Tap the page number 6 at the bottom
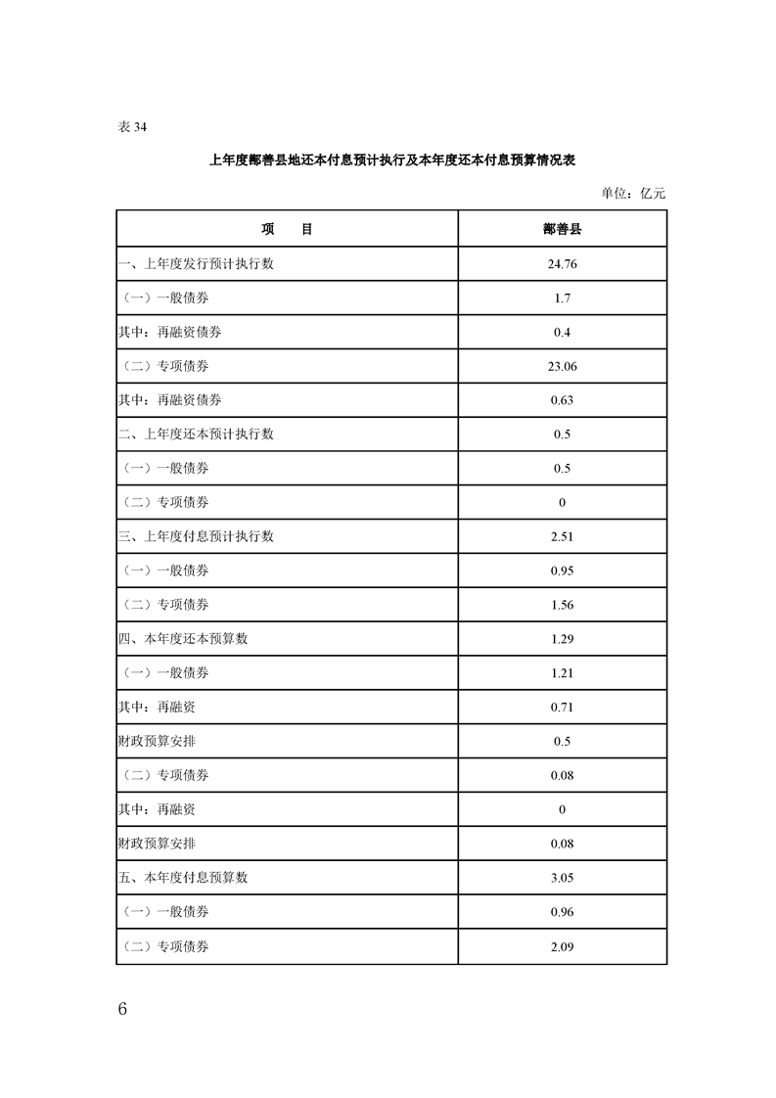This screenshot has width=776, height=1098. (122, 1009)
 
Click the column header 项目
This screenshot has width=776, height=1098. (287, 229)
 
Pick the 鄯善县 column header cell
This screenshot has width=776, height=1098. (562, 229)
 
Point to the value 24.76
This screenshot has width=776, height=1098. (562, 263)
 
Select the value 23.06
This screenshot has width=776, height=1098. (562, 366)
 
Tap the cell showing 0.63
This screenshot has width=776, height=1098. (562, 400)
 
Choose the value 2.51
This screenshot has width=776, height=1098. (562, 536)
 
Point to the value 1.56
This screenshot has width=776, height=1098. (562, 605)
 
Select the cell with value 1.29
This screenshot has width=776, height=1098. (562, 639)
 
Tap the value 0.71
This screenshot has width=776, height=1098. (562, 707)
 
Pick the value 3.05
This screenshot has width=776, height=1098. (562, 878)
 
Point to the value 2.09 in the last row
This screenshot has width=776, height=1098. (562, 946)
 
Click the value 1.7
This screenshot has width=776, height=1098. (562, 297)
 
